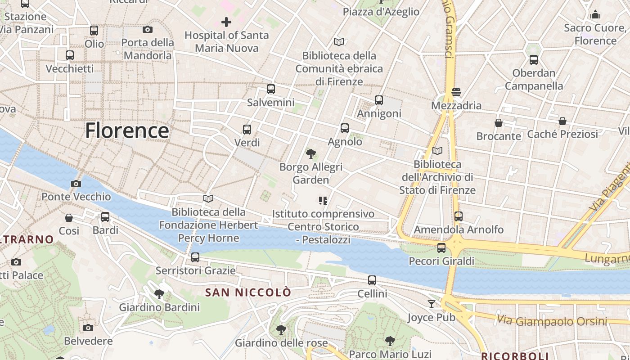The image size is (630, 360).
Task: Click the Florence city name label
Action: tap(127, 130)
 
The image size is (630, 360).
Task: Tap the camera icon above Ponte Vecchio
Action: tap(76, 184)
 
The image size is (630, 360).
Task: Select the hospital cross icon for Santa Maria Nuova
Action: tap(226, 22)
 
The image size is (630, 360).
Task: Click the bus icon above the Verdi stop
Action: tap(247, 130)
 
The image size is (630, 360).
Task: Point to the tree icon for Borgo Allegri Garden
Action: tap(310, 154)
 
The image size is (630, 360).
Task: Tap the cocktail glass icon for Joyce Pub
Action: tap(432, 304)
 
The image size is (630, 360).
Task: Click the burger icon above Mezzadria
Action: tap(456, 92)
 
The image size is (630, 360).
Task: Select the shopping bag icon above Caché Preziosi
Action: tap(562, 121)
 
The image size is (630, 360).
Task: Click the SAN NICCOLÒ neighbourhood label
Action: tap(248, 292)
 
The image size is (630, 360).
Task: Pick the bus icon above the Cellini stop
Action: tap(372, 280)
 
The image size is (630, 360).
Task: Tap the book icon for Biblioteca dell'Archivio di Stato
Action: tap(437, 151)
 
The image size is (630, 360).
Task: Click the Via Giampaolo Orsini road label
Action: tap(552, 321)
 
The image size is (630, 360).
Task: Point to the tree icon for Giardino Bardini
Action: tap(159, 295)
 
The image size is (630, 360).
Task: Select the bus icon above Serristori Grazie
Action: tap(195, 257)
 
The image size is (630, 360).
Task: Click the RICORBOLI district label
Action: tap(515, 356)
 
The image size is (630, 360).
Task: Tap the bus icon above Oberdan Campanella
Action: tap(533, 59)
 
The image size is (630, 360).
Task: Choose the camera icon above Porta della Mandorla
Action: tap(147, 30)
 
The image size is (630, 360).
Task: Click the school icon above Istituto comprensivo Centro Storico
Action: tap(323, 200)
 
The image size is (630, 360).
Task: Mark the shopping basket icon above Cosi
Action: tap(69, 218)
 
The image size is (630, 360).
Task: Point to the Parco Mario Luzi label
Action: tap(390, 354)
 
